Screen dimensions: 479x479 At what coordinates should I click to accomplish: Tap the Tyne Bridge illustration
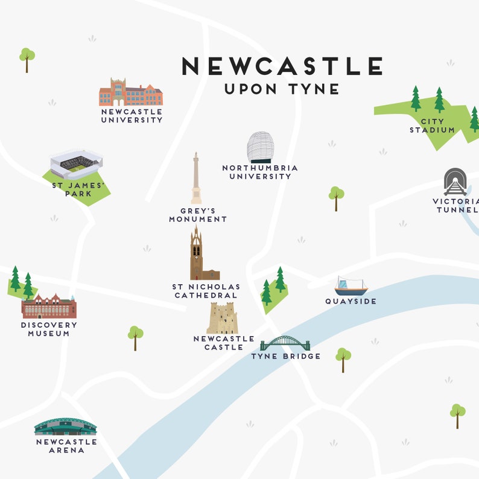pyautogui.click(x=285, y=344)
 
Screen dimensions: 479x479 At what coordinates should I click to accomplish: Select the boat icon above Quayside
pyautogui.click(x=351, y=286)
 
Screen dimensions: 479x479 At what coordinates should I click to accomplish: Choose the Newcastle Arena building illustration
pyautogui.click(x=65, y=427)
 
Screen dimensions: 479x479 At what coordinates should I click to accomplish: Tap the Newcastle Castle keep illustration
pyautogui.click(x=222, y=319)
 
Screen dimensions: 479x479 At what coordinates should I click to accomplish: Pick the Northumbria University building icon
pyautogui.click(x=260, y=147)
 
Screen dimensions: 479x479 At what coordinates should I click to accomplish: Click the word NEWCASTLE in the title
pyautogui.click(x=282, y=66)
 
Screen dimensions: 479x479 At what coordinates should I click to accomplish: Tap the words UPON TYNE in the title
pyautogui.click(x=282, y=89)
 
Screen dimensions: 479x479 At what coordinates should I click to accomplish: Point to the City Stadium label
pyautogui.click(x=433, y=125)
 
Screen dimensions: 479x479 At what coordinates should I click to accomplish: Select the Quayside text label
pyautogui.click(x=351, y=301)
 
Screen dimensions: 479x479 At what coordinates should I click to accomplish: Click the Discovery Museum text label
pyautogui.click(x=49, y=329)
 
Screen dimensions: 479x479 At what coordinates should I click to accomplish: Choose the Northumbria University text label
pyautogui.click(x=260, y=172)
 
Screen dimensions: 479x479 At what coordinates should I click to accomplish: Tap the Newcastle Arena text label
pyautogui.click(x=66, y=446)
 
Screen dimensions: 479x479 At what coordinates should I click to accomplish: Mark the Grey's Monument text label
pyautogui.click(x=198, y=215)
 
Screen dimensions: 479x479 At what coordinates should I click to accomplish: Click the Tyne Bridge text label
pyautogui.click(x=286, y=356)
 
